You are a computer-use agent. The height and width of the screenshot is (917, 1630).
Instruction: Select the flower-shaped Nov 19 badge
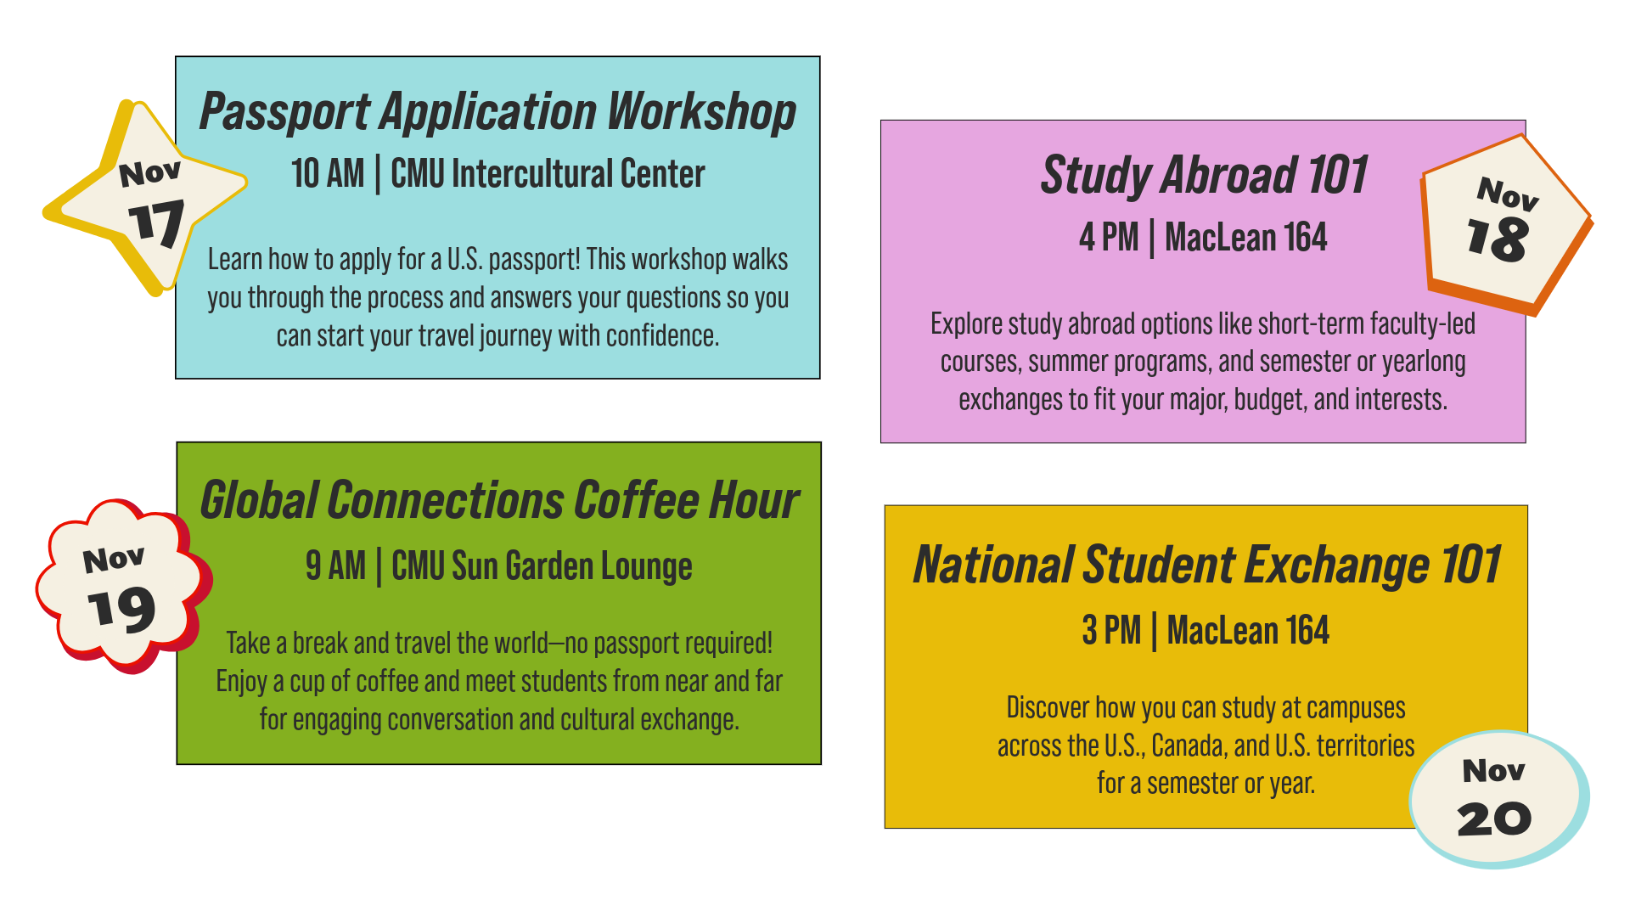[121, 586]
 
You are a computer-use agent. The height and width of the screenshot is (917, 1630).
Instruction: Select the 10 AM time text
[328, 174]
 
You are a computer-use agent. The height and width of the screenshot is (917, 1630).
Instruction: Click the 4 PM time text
[1109, 238]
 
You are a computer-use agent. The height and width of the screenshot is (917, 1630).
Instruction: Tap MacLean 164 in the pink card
[1245, 238]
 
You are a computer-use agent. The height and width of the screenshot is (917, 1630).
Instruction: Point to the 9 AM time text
[335, 566]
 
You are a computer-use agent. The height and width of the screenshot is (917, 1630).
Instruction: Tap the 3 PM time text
[1111, 631]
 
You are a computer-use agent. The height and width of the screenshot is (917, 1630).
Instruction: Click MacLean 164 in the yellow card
[1248, 631]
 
